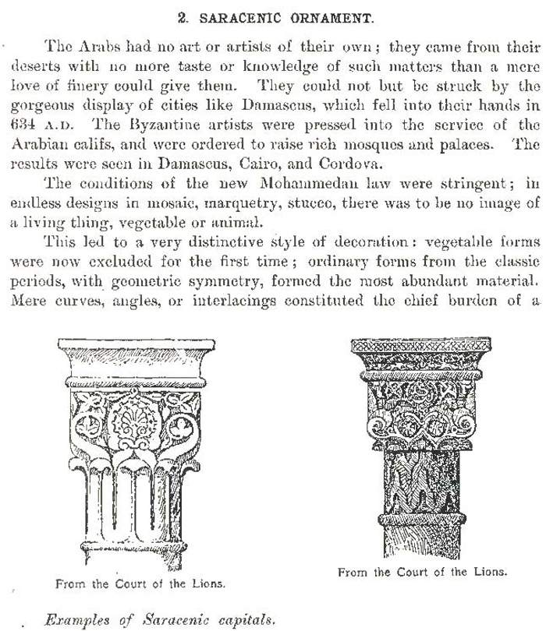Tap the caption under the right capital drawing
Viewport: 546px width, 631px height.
422,571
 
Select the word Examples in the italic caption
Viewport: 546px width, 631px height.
76,620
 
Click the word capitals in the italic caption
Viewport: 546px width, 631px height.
242,620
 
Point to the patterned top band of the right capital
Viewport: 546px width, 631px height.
420,345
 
